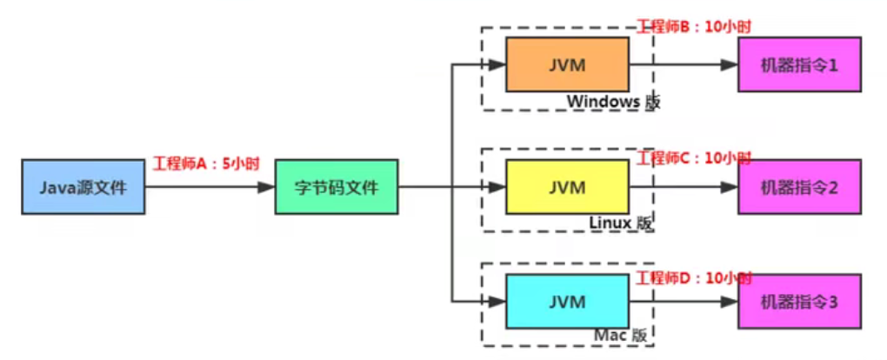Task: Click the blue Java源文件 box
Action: tap(83, 186)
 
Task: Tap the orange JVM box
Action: tap(567, 65)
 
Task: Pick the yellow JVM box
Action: tap(567, 186)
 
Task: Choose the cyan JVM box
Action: tap(567, 301)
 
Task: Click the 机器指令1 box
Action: tap(799, 64)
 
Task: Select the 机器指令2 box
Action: tap(799, 186)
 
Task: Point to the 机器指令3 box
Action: tap(799, 301)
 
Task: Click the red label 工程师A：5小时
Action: tap(206, 163)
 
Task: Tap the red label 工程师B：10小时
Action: tap(694, 25)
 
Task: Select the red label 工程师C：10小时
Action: tap(694, 158)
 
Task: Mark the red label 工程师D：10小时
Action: tap(694, 278)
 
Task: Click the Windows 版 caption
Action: tap(613, 102)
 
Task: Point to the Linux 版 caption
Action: tap(620, 223)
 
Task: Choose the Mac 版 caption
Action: tap(620, 335)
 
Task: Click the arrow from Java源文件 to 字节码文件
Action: tap(210, 186)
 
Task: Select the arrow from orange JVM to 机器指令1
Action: tap(683, 65)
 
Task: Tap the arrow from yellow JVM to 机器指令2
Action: tap(683, 186)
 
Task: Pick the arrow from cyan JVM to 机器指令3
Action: tap(683, 301)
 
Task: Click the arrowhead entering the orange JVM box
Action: tap(497, 65)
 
